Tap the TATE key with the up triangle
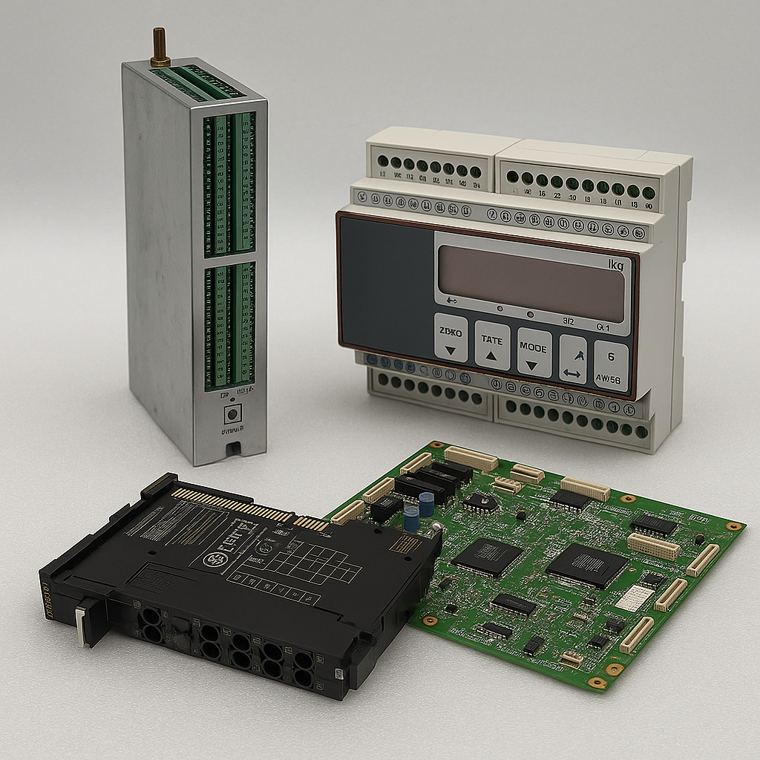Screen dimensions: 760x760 tap(492, 345)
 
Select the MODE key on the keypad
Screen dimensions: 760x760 tap(534, 353)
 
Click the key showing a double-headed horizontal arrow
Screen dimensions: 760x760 tap(572, 360)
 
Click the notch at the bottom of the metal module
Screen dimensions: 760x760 tap(234, 448)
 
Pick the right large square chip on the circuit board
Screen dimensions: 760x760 tap(586, 565)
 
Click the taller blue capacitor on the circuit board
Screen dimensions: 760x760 tap(426, 505)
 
